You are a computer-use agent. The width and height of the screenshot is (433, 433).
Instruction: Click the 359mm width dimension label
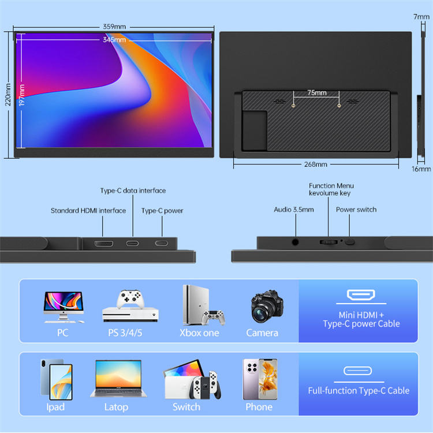coord(114,27)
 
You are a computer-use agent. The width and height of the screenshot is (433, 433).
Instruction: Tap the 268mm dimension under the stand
coord(316,165)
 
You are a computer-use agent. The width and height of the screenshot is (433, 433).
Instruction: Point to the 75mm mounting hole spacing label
coord(316,92)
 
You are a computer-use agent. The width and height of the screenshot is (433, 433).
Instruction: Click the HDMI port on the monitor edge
coord(103,243)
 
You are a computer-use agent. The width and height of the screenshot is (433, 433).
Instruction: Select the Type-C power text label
coord(162,211)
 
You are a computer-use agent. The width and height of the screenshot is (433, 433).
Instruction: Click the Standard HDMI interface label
coord(88,211)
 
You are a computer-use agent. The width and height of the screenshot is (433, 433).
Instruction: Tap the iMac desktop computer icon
coord(64,306)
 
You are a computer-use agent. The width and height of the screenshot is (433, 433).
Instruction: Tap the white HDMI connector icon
coord(367,296)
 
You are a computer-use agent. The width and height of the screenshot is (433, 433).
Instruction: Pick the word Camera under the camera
coord(262,333)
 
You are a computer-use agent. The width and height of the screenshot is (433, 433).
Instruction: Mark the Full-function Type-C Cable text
coord(359,391)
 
